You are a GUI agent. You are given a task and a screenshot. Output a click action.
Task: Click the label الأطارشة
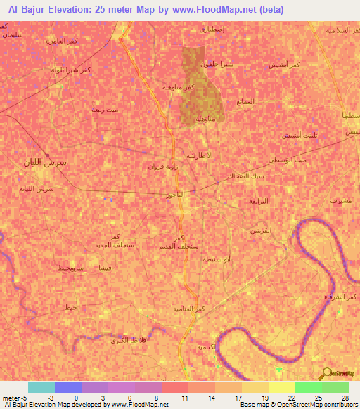pos(200,155)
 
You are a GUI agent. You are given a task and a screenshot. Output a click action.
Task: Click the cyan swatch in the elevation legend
pos(41,387)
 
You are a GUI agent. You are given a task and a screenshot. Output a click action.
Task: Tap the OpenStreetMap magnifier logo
pos(325,374)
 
